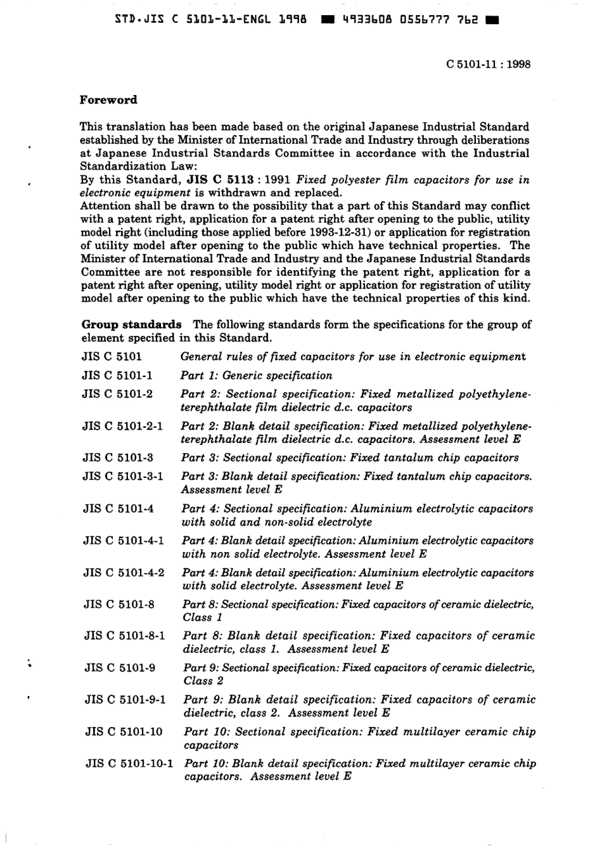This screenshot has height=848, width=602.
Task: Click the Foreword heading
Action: [x=108, y=100]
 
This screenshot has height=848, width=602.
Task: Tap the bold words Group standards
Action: [x=131, y=324]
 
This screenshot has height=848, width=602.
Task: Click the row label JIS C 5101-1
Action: [x=117, y=375]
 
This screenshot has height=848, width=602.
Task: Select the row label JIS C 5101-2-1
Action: [x=122, y=426]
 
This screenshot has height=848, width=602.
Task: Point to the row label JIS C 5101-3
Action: [x=117, y=458]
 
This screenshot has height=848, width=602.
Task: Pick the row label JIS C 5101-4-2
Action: [x=124, y=572]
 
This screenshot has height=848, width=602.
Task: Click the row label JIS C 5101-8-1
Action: [x=124, y=636]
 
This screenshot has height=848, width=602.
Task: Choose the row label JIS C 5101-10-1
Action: [x=130, y=763]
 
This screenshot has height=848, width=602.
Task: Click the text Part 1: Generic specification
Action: [x=256, y=375]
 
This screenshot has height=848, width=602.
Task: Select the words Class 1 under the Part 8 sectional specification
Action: [x=202, y=617]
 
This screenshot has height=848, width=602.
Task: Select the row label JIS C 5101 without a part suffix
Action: [x=112, y=356]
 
